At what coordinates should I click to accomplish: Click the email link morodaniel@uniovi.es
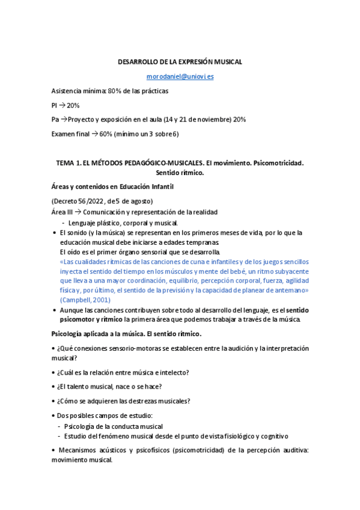tap(180, 76)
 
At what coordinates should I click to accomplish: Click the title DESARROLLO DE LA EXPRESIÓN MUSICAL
tap(180, 63)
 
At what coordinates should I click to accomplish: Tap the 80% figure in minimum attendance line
tap(114, 91)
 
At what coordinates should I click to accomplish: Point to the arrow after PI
tap(61, 105)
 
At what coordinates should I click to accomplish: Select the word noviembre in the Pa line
tap(213, 120)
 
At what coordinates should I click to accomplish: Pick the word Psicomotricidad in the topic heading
tap(278, 163)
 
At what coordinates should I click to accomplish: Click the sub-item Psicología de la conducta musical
tap(114, 426)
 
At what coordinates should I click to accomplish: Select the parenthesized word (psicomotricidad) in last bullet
tap(168, 450)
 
